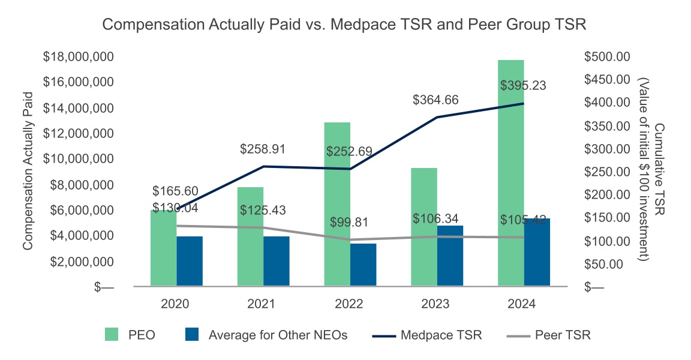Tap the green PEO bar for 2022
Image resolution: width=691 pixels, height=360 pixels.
(x=337, y=204)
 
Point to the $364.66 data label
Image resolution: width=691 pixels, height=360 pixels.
(x=435, y=100)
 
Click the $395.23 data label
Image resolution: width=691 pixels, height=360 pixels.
(x=523, y=86)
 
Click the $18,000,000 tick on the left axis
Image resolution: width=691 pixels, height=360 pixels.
(x=88, y=57)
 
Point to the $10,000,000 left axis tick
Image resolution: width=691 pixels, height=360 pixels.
(x=88, y=160)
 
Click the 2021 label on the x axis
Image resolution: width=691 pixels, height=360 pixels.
(x=262, y=304)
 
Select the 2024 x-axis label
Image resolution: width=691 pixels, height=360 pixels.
(x=523, y=304)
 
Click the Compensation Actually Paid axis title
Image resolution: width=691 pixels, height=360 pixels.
(x=27, y=172)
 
